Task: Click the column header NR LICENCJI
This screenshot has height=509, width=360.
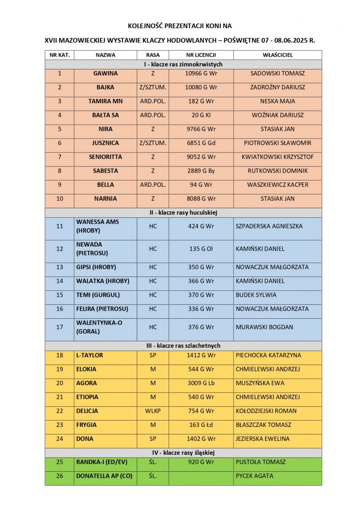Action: tap(201, 55)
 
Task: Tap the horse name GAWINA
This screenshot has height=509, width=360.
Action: tap(105, 74)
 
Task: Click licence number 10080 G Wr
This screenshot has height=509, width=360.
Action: tap(201, 87)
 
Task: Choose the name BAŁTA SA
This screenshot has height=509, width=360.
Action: tap(105, 115)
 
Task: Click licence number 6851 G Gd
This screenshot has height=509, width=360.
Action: tap(201, 143)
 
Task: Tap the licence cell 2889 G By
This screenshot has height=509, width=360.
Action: tap(201, 171)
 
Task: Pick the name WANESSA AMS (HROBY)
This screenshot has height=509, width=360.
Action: tap(97, 226)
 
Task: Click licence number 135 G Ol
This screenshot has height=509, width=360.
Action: tap(201, 249)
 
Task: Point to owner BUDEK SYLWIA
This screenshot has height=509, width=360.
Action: tap(256, 295)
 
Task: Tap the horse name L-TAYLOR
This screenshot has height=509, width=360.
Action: tap(90, 355)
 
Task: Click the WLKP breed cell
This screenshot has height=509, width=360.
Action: tap(153, 411)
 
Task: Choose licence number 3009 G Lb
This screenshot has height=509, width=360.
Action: tap(201, 383)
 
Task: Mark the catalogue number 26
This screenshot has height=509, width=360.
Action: tap(60, 476)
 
